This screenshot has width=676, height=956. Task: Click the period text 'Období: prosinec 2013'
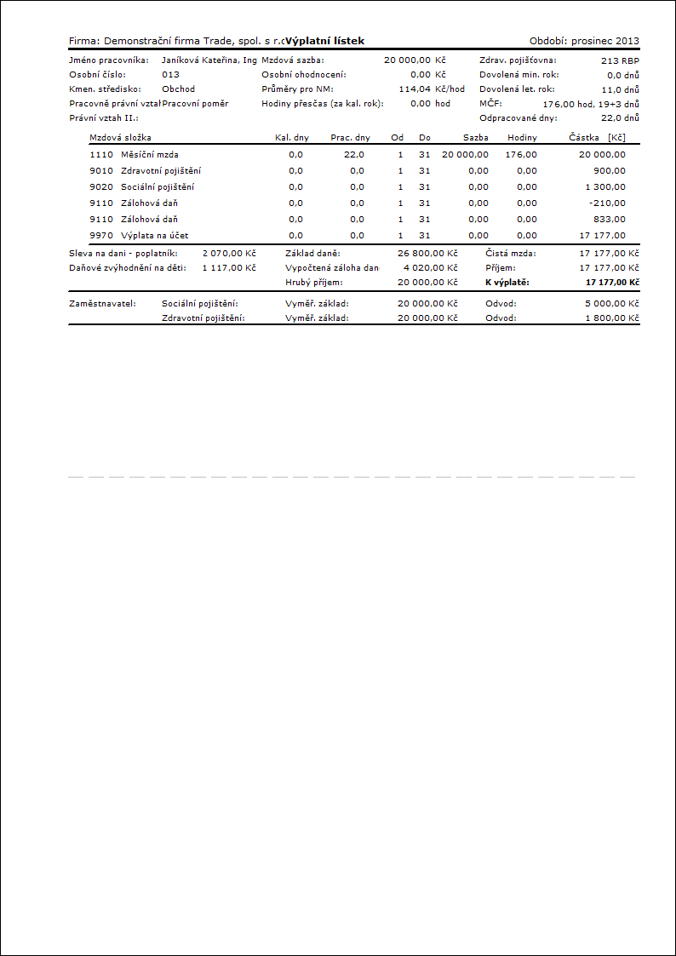(584, 41)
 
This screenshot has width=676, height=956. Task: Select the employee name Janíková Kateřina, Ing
(209, 60)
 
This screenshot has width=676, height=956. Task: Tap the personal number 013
(170, 74)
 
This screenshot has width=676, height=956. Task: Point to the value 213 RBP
(620, 60)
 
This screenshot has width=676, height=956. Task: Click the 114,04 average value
(414, 89)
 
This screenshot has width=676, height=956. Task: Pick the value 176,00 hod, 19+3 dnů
(591, 103)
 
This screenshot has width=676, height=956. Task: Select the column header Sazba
(476, 137)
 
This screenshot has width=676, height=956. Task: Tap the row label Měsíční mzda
(150, 154)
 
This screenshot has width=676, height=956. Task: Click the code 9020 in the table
(100, 186)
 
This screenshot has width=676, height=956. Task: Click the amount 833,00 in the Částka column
(610, 219)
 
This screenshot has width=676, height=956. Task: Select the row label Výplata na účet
(154, 235)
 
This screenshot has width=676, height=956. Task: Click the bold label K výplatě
(507, 281)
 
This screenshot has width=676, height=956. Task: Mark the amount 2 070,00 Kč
(229, 253)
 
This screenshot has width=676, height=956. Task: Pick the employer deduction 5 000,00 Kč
(612, 304)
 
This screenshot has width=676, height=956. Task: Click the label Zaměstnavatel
(101, 304)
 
